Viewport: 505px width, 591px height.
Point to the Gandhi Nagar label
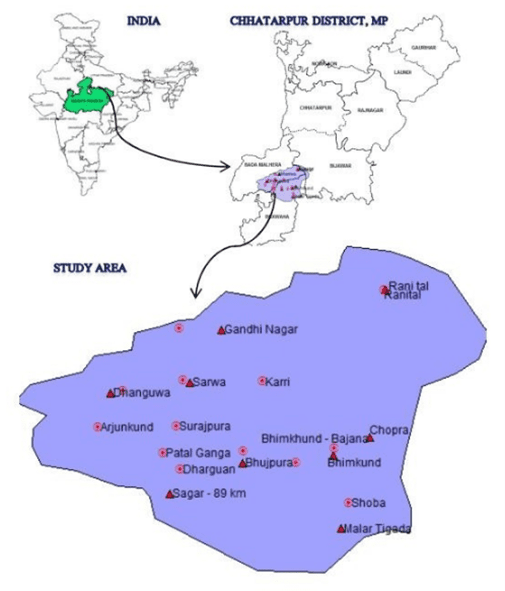(x=260, y=330)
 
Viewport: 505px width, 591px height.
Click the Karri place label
(x=277, y=381)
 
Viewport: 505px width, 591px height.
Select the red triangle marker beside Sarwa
(x=190, y=383)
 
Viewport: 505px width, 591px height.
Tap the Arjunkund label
(x=127, y=427)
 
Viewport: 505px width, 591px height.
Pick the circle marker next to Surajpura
(x=175, y=426)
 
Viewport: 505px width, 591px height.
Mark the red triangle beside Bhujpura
(x=242, y=464)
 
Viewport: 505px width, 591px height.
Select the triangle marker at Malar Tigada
(x=341, y=529)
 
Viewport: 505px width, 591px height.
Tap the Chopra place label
(x=389, y=431)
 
